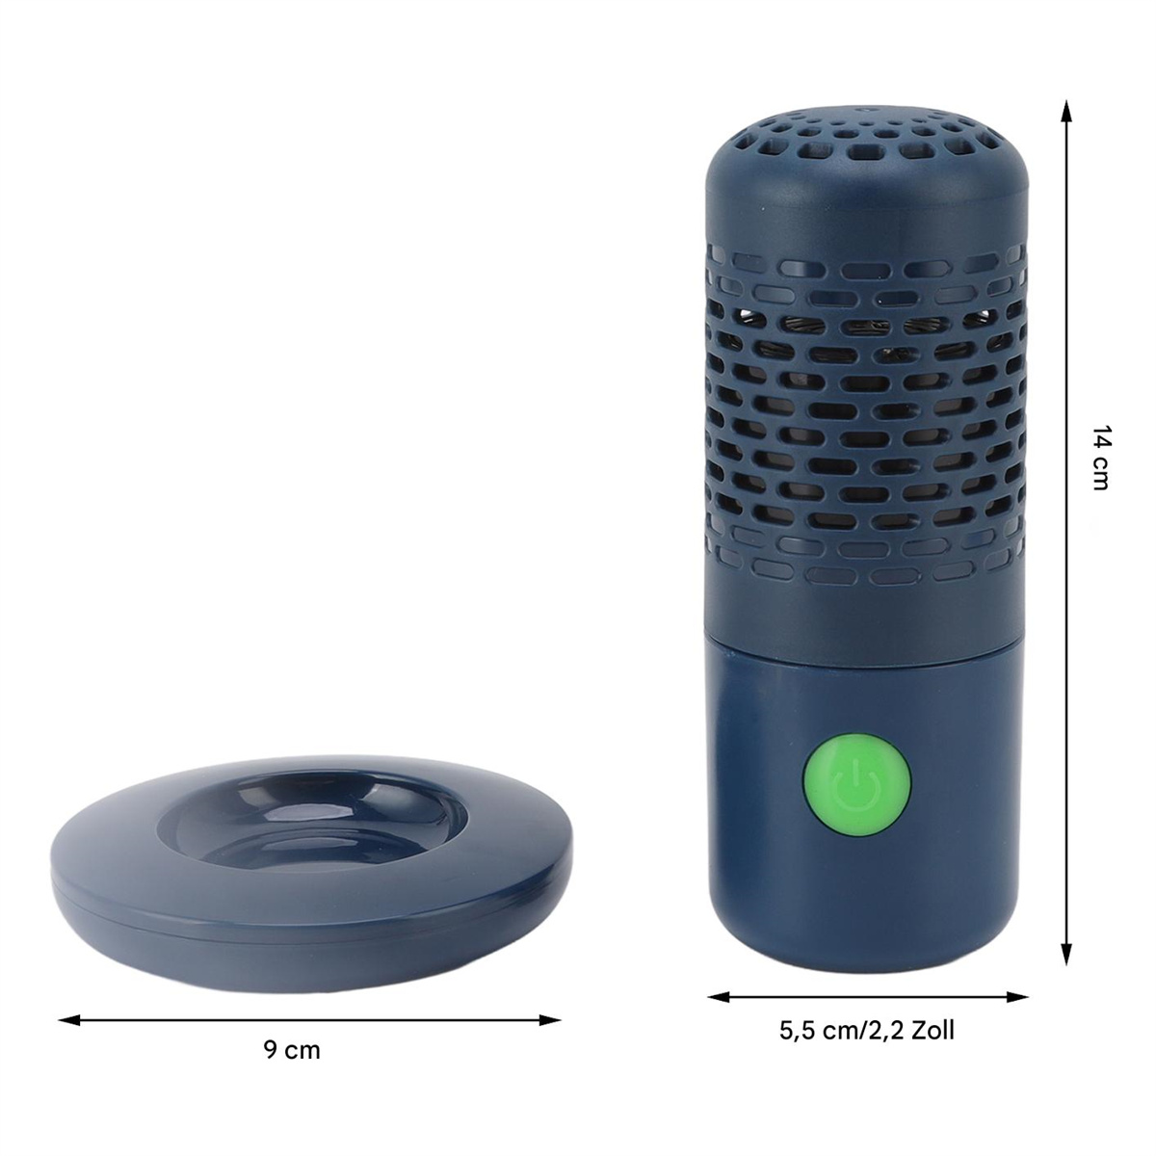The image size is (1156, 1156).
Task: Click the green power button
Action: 856,785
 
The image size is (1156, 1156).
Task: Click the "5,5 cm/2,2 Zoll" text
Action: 867,1030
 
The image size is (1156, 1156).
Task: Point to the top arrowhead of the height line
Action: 1066,111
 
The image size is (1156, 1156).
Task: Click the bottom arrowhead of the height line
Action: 1066,954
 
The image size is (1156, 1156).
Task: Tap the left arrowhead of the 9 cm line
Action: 69,1019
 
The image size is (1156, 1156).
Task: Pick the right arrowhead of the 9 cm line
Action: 549,1019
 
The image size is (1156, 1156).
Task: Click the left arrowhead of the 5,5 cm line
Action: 719,997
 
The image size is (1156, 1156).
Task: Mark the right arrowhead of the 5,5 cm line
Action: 1017,997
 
